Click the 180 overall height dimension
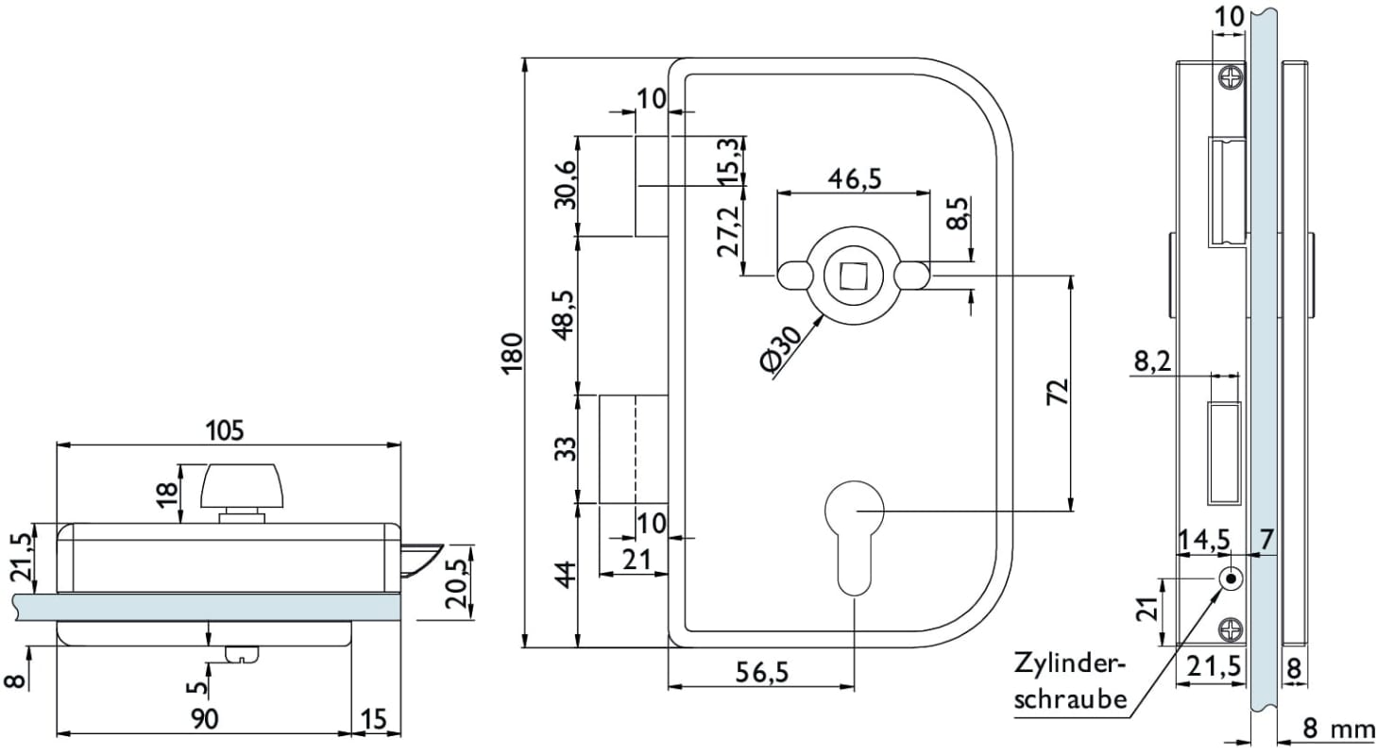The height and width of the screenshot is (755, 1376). [512, 353]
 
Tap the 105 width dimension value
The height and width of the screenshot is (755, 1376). [226, 430]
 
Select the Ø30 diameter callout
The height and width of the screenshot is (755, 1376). [783, 350]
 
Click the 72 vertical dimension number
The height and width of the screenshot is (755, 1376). [1058, 392]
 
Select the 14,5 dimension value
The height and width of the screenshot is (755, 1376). [1204, 540]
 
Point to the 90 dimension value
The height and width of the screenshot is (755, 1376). [204, 719]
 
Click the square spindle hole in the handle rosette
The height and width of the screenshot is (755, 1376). [854, 275]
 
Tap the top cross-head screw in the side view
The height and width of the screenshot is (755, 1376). [1231, 79]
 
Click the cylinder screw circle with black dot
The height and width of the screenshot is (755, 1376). [1231, 579]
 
